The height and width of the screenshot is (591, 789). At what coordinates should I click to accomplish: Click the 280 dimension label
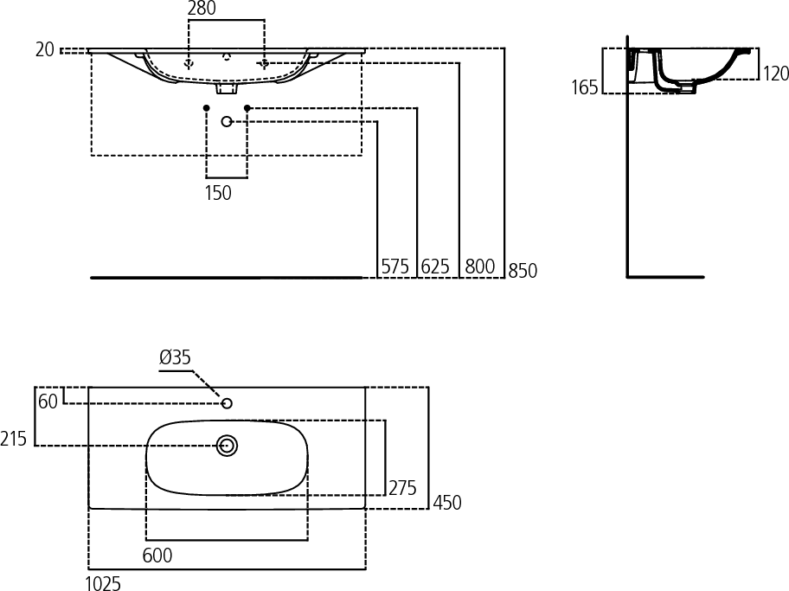pos(202,8)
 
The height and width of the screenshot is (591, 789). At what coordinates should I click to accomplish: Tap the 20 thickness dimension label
pos(45,49)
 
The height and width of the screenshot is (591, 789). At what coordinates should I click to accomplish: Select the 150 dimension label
pos(218,193)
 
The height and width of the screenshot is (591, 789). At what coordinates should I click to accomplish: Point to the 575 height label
pos(395,267)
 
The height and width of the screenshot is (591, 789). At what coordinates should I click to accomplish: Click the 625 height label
pos(435,267)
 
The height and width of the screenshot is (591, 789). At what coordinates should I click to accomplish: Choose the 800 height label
pos(479,267)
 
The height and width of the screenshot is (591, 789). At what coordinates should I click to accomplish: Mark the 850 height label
pos(523,271)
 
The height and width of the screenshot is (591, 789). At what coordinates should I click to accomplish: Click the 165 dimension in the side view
pos(585,87)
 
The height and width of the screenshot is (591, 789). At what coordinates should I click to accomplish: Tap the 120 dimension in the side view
pos(775,74)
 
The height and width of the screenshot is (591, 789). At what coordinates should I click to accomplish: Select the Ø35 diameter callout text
pos(175,357)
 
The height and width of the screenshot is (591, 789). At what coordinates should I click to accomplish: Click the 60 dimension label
pos(48,401)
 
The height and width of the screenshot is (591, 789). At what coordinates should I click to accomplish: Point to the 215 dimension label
pos(13,439)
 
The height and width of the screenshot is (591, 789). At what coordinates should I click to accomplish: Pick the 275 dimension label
pos(402,488)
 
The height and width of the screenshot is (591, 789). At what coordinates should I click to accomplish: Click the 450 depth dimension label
pos(446,503)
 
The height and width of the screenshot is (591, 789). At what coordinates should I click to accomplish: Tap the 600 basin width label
pos(157,556)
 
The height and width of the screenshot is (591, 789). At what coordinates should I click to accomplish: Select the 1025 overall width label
pos(103,583)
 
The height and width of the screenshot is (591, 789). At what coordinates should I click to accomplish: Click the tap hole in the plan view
pos(227,403)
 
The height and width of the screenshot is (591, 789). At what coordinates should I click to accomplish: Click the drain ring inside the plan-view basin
pos(227,446)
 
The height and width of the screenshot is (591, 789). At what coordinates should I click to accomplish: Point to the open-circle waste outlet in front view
pos(227,121)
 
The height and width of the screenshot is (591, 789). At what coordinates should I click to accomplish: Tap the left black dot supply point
pos(206,107)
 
